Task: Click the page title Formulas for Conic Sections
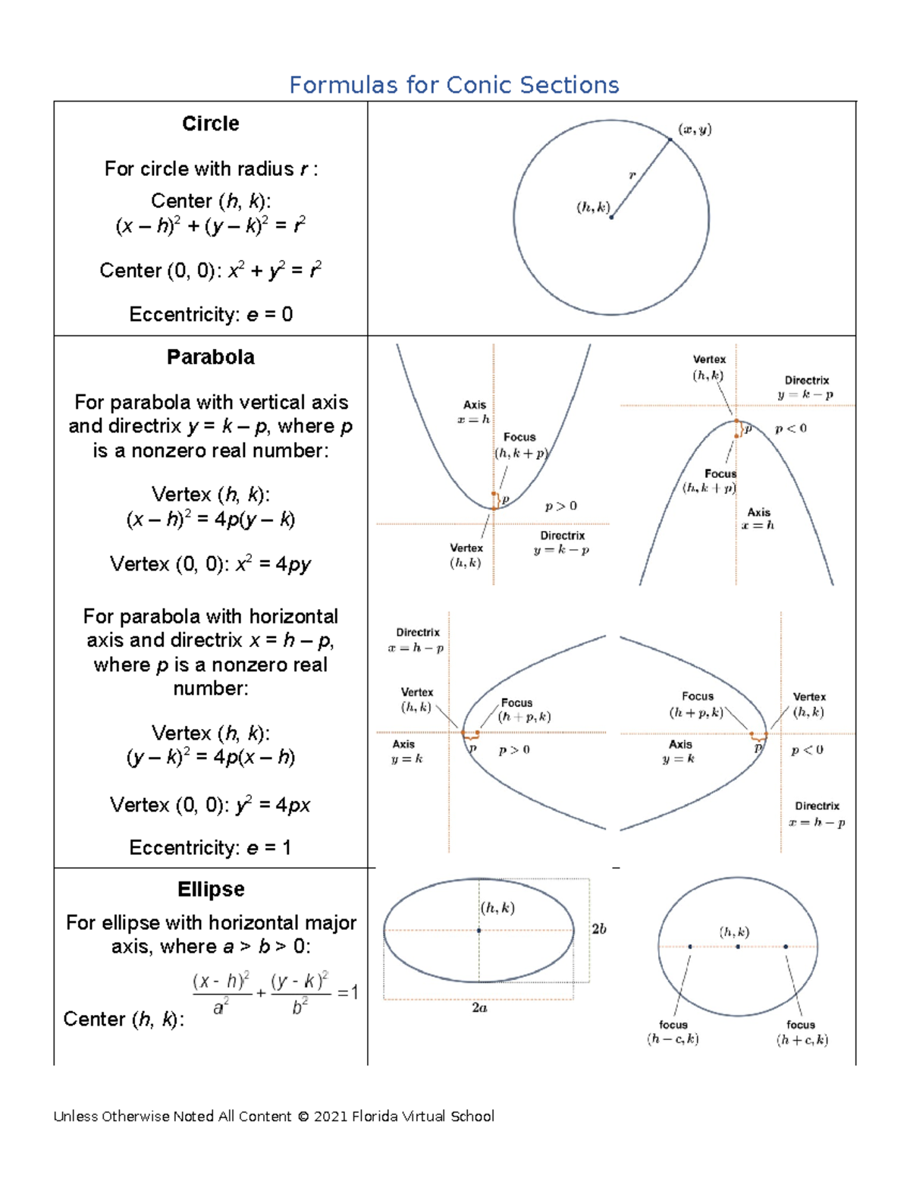pos(453,85)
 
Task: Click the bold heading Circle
pos(210,124)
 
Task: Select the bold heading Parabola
pos(210,357)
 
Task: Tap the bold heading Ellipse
pos(210,889)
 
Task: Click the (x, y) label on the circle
pos(695,130)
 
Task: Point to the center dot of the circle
pos(611,217)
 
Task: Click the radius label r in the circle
pos(632,176)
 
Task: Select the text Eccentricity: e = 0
pos(210,314)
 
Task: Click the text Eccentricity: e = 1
pos(210,847)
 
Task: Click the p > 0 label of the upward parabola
pos(560,506)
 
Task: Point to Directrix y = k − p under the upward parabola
pos(562,543)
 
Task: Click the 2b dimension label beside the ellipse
pos(599,929)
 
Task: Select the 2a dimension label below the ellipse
pos(479,1008)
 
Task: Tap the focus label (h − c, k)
pos(673,1032)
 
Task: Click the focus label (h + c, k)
pos(802,1032)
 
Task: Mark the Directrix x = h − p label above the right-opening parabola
pos(416,640)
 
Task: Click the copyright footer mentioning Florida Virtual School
pos(274,1116)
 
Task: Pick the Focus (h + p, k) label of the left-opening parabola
pos(696,705)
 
